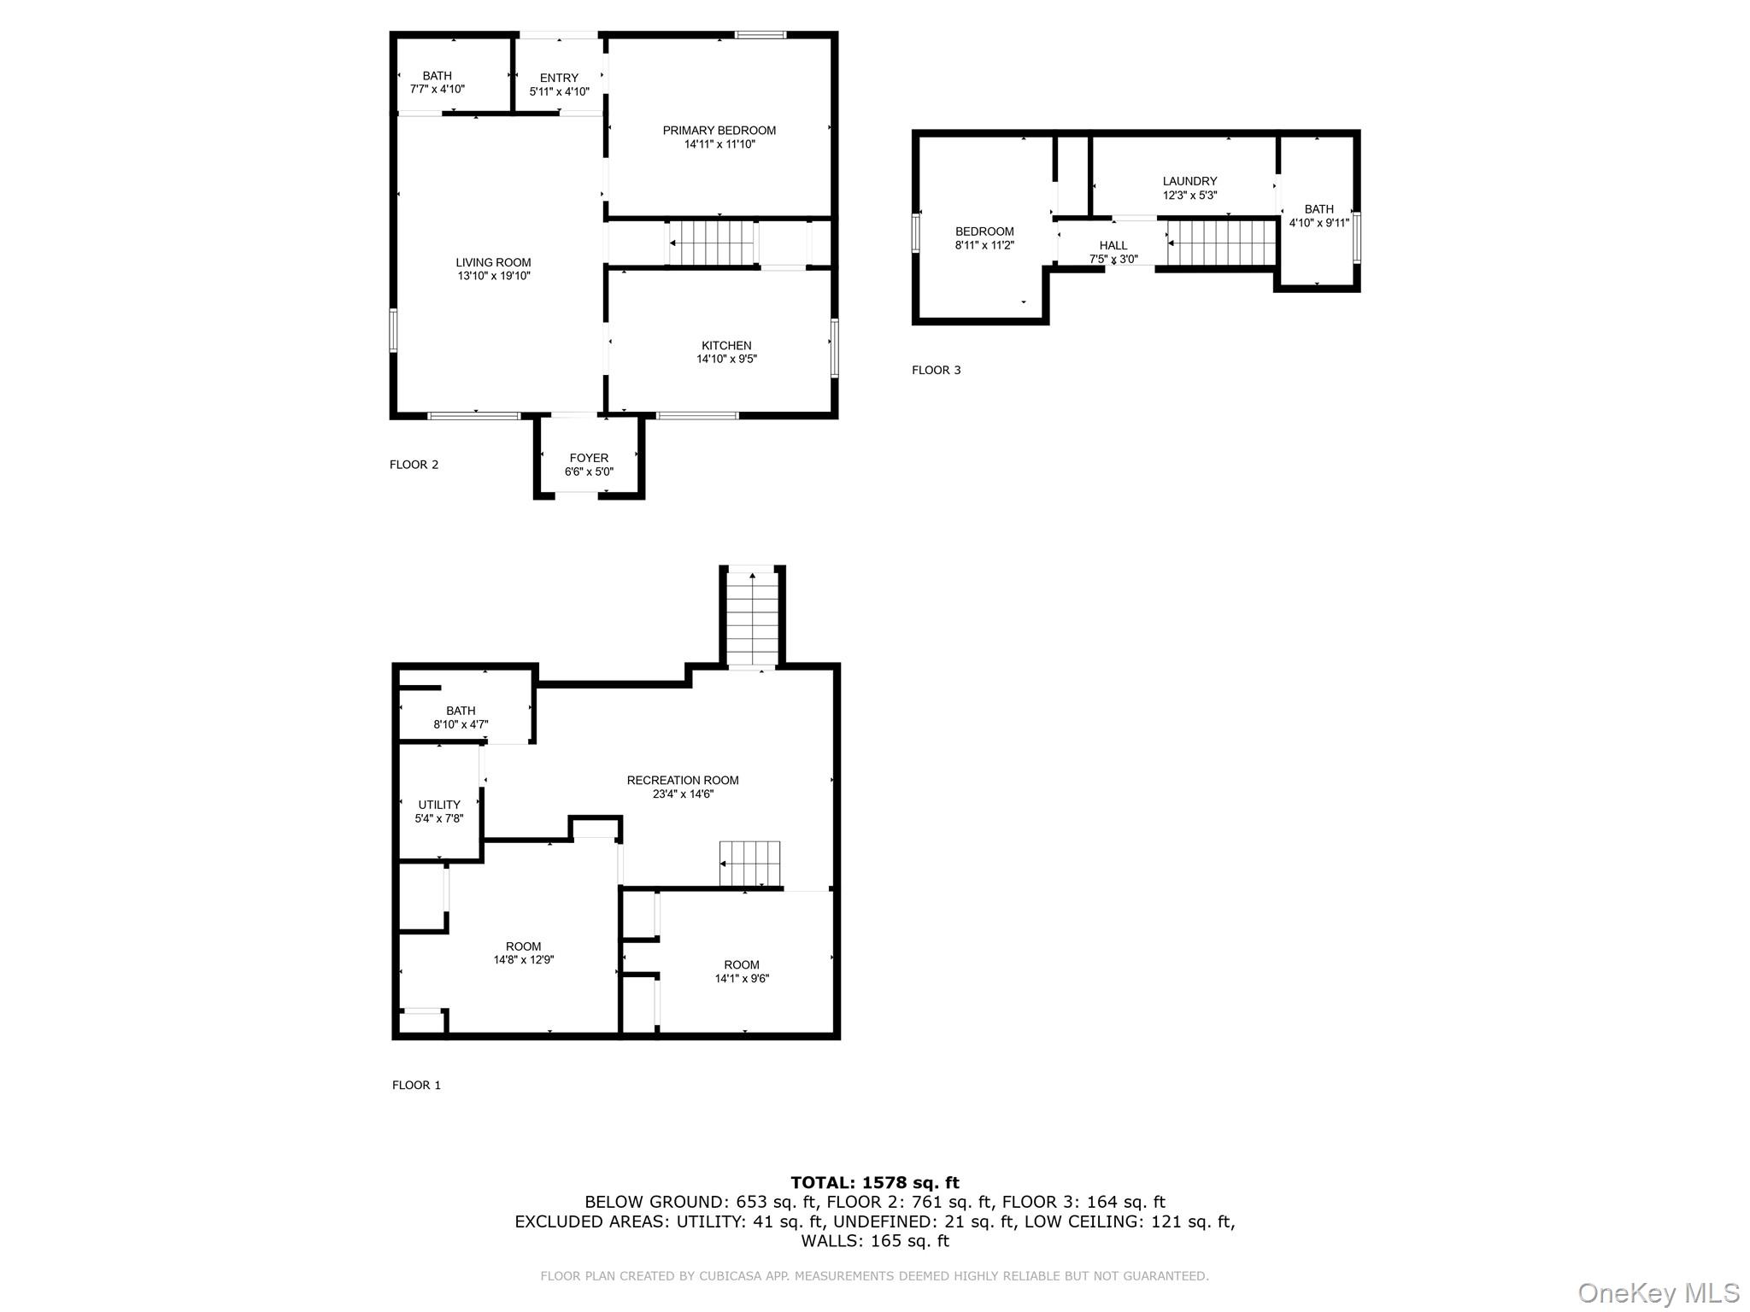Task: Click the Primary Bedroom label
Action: coord(719,131)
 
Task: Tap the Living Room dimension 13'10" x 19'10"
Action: coord(493,277)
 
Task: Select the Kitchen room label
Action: coord(726,346)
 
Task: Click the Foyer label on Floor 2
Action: coord(589,459)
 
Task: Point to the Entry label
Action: coord(559,78)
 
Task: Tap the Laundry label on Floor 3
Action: coord(1189,181)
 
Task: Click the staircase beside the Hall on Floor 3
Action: coord(1222,243)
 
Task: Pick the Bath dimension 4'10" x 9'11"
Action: coord(1318,224)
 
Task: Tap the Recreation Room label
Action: coord(682,780)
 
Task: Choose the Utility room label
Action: coord(439,805)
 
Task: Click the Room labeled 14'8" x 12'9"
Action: coord(523,946)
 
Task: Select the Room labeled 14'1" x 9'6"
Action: coord(742,965)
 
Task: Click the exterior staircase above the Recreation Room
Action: coord(752,618)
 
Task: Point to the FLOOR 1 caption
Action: coord(416,1086)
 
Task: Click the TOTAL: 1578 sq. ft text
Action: coord(874,1183)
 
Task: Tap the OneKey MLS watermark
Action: coord(1658,1293)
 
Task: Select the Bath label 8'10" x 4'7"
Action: coord(461,711)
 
